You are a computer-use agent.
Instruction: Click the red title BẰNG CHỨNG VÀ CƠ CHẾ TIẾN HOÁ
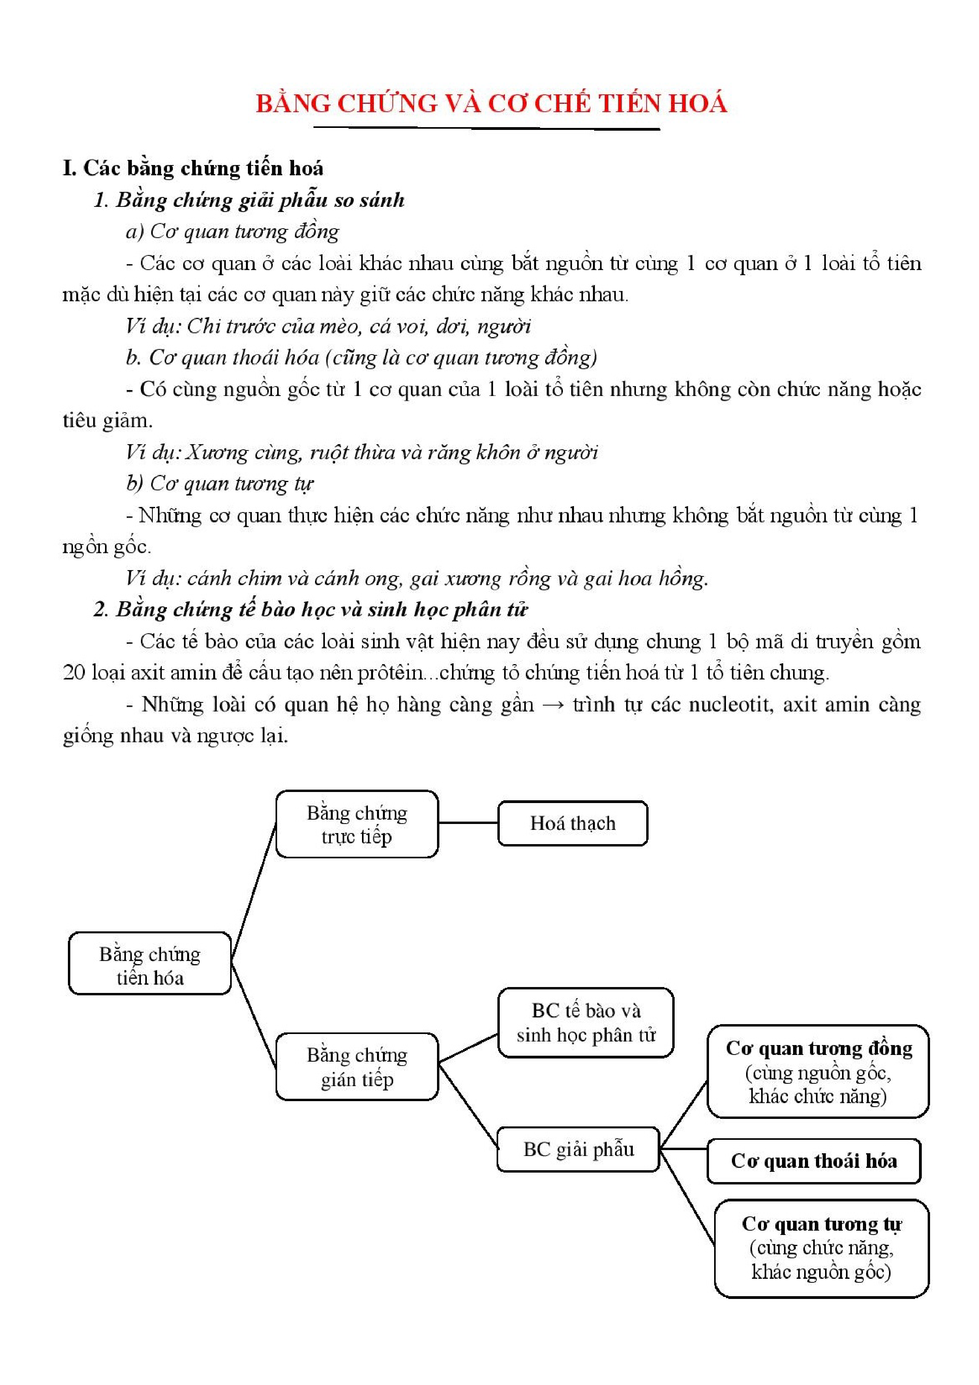[x=491, y=104]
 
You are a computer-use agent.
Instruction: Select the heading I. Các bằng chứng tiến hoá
[x=193, y=168]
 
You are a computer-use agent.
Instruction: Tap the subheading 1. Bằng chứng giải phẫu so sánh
[x=249, y=200]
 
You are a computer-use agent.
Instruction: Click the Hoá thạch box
[x=572, y=824]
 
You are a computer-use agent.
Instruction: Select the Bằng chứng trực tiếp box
[x=356, y=824]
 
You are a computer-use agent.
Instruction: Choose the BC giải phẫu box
[x=578, y=1150]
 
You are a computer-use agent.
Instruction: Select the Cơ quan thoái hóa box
[x=814, y=1161]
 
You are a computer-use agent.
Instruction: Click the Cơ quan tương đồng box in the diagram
[x=818, y=1072]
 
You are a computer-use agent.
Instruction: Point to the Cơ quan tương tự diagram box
[x=821, y=1248]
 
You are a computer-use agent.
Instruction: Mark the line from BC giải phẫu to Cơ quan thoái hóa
[x=683, y=1149]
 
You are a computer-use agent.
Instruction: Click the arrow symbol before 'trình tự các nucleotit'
[x=553, y=704]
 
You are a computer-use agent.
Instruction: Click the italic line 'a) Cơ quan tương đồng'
[x=232, y=231]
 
